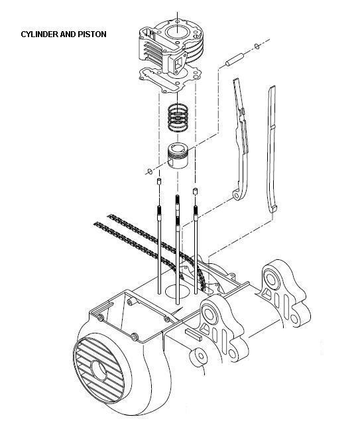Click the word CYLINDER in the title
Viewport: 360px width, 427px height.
point(40,34)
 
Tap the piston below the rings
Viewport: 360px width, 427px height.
point(178,156)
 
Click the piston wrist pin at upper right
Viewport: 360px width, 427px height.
point(234,60)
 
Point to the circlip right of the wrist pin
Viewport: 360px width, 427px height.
point(257,46)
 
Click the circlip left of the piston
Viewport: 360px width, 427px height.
point(149,171)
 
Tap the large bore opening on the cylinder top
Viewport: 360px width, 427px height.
point(177,32)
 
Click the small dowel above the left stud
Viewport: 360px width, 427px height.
point(158,182)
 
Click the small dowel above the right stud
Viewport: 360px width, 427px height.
point(195,191)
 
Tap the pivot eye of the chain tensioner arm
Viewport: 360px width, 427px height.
point(237,195)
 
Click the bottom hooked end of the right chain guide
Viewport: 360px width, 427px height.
point(273,208)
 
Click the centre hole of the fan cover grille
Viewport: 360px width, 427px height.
point(99,371)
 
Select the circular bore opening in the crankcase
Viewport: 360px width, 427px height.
point(178,292)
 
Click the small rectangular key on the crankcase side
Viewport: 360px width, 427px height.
point(194,334)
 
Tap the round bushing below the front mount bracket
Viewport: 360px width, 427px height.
point(200,356)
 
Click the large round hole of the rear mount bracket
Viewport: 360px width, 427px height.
point(270,278)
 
